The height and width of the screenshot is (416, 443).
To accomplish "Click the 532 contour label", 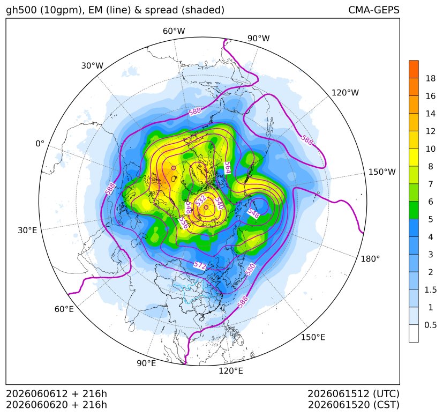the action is pos(201,200).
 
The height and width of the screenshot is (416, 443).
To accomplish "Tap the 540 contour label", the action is pos(219,203).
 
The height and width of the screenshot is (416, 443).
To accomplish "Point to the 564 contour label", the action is pos(227,168).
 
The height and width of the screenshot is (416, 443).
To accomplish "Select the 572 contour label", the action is pos(200,265).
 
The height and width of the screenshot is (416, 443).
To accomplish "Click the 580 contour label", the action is pos(250,269).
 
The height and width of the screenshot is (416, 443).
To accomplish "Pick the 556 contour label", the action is pos(184,222).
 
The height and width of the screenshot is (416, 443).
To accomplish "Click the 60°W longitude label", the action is pos(174,31).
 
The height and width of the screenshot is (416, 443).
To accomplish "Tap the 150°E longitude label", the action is pos(313,337).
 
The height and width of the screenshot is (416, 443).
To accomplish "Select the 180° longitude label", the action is pos(370,259).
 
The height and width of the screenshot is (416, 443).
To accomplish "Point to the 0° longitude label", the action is pos(40,144).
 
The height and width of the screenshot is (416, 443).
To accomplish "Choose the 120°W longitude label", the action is pos(346,93).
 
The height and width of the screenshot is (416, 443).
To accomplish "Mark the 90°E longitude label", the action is pos(146,363).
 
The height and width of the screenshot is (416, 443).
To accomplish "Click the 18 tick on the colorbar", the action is pos(431,78).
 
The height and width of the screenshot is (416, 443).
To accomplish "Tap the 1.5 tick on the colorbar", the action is pos(430,289).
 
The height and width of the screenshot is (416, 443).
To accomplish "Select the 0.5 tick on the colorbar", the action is pos(430,325).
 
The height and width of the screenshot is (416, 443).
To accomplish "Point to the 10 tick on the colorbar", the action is pos(431,148).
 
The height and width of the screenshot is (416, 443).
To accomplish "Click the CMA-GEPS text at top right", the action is pos(374,10).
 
